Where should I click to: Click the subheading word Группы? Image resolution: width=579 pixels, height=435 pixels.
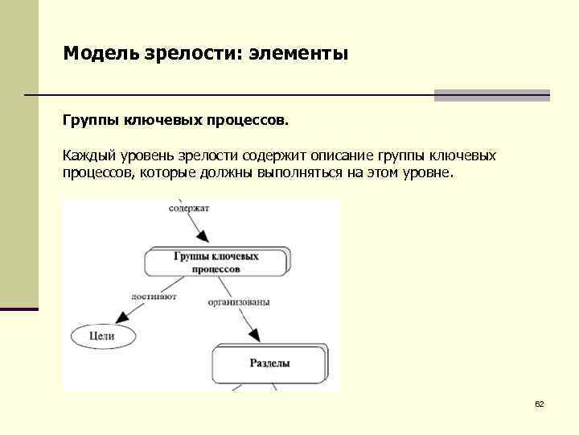point(90,121)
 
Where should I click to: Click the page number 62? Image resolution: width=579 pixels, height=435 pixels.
point(540,404)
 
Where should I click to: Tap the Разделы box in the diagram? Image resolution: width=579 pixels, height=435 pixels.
point(269,363)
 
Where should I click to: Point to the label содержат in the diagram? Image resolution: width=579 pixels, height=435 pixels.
point(190,208)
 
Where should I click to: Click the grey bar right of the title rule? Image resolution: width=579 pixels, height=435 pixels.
point(491,95)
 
